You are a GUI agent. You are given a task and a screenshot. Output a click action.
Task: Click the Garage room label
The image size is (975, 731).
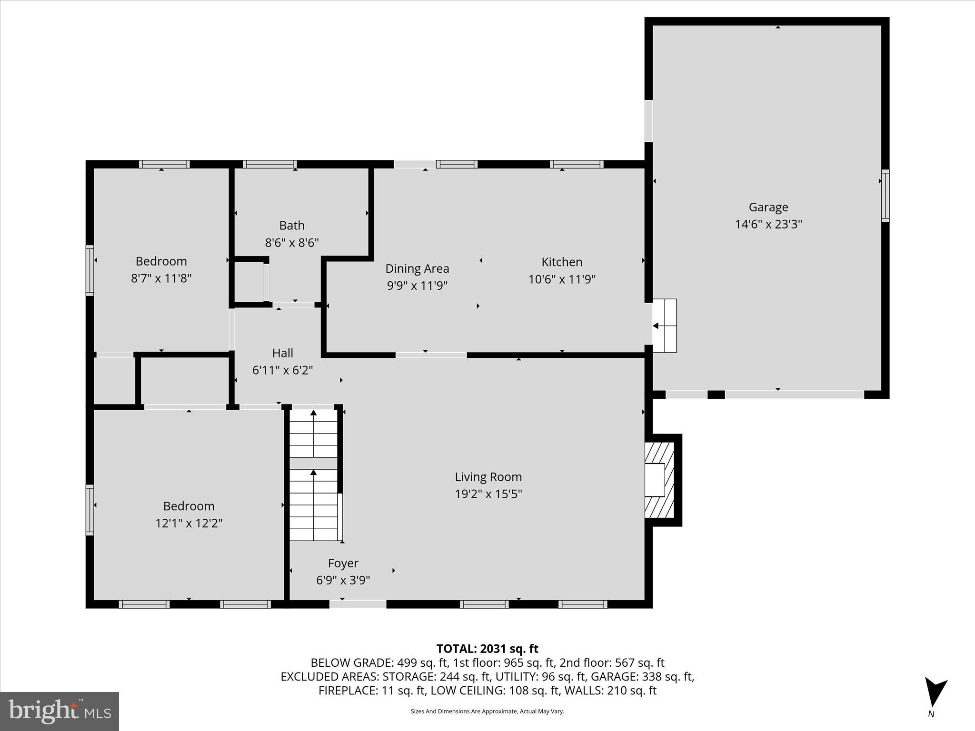(768, 207)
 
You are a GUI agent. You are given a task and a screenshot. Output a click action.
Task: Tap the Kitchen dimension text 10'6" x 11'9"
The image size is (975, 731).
(562, 279)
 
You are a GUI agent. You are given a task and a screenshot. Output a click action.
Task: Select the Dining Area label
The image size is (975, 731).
(417, 268)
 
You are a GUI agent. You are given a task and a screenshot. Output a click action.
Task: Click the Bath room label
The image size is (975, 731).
(291, 225)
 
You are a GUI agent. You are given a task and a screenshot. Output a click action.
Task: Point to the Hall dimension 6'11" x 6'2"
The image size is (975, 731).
(282, 370)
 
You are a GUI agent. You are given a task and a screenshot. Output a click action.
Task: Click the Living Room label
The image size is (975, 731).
(488, 477)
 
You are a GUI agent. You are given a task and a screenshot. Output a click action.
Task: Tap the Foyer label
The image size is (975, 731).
(343, 563)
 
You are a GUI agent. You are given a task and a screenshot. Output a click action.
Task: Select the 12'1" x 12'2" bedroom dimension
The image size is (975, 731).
(189, 523)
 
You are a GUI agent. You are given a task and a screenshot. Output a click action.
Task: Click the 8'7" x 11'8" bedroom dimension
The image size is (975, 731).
(161, 278)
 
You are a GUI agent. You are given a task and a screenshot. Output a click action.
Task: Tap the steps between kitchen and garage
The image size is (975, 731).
(665, 326)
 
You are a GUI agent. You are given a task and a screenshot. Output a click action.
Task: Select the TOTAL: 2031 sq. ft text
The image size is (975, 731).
(487, 649)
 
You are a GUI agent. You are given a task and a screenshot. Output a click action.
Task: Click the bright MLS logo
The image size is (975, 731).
(60, 711)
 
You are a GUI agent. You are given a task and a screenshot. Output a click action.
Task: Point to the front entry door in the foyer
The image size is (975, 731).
(358, 604)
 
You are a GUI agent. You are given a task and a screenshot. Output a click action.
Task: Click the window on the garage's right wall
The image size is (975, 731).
(885, 195)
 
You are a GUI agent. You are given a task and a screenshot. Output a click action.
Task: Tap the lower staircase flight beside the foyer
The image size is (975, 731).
(313, 505)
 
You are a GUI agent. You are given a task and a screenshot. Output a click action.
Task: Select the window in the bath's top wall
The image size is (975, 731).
(270, 164)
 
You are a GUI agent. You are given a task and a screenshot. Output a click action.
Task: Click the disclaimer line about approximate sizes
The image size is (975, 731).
(487, 711)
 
